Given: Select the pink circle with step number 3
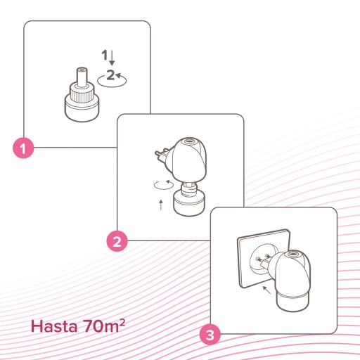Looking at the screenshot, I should (x=210, y=334).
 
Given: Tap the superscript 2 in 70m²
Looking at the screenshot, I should (x=124, y=322).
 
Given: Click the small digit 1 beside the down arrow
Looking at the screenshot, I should (x=105, y=53).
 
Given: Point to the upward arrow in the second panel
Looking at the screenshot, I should (x=162, y=206).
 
